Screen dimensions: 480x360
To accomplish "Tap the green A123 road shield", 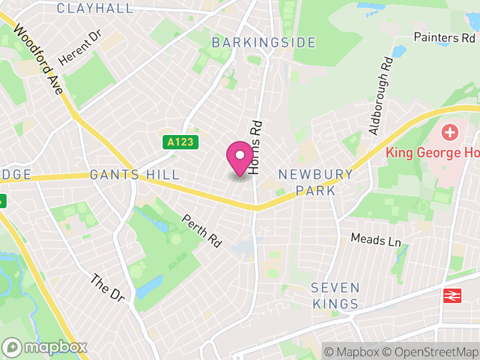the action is point(180,143).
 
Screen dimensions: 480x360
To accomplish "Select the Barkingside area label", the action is point(263,43).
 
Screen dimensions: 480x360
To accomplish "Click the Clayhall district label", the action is point(95,8).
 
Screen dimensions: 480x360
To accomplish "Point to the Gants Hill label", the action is point(134,175).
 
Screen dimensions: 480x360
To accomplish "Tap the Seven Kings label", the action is point(335,295).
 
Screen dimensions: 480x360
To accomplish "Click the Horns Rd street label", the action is point(256,148).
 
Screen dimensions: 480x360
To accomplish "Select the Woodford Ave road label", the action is point(39,59).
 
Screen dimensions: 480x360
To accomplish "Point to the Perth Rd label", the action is point(203,231).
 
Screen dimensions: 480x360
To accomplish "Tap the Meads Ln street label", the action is point(376,240).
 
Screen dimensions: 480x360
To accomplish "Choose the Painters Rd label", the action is point(445,37).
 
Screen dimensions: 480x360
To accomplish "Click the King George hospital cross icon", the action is point(449,131).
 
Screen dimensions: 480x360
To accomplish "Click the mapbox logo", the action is point(45,347).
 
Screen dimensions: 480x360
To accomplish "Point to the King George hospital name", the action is point(432,152).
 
